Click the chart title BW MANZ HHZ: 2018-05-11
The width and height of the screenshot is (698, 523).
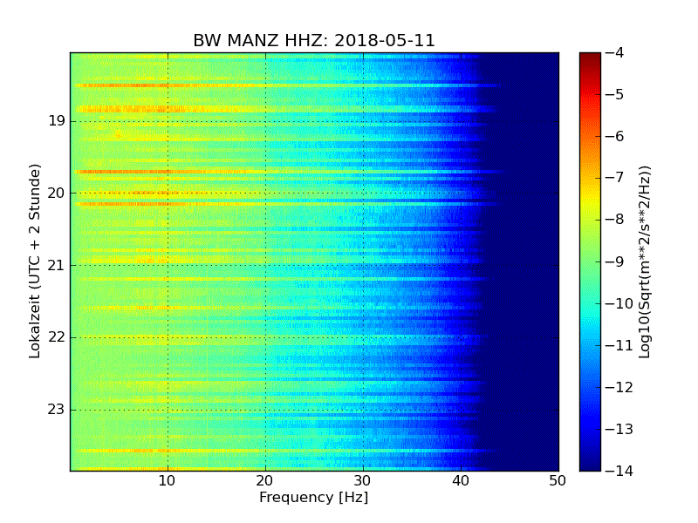pos(314,41)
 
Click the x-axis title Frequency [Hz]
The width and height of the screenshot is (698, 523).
pos(313,498)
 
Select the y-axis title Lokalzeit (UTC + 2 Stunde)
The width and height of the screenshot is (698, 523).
pos(36,261)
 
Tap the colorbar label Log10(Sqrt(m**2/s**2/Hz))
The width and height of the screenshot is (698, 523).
pos(645,261)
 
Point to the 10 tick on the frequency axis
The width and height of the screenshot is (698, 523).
pos(168,480)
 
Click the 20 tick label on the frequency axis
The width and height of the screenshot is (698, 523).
pos(265,480)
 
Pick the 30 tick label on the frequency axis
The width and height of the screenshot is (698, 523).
pos(363,480)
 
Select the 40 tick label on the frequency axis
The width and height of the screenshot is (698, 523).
pos(461,480)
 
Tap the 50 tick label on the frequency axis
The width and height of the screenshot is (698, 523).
pos(558,480)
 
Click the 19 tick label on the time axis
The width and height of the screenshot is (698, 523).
pos(57,121)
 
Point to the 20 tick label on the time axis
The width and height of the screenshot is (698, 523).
pos(57,193)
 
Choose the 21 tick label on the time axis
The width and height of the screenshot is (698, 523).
pos(57,265)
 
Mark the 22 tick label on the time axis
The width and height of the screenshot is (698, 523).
pos(57,337)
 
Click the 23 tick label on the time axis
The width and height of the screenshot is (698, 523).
pos(57,410)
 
